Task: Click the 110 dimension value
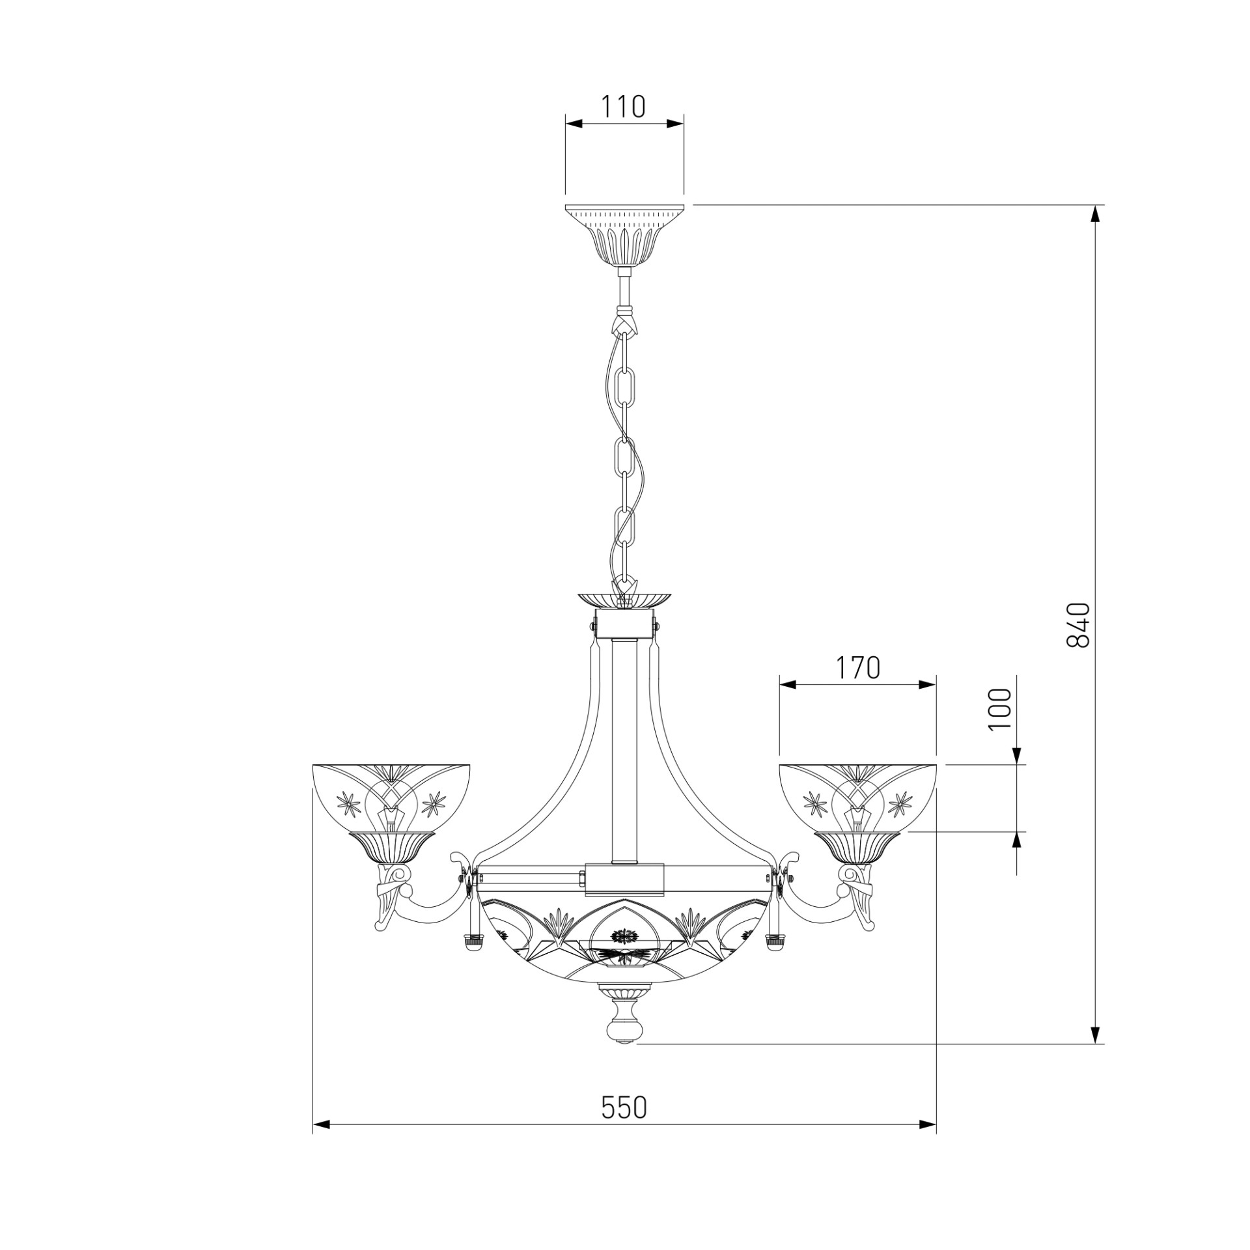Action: point(622,107)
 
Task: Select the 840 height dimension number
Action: point(1078,625)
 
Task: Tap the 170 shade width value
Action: point(857,667)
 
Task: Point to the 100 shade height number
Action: point(1001,710)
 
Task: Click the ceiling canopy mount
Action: point(624,236)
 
